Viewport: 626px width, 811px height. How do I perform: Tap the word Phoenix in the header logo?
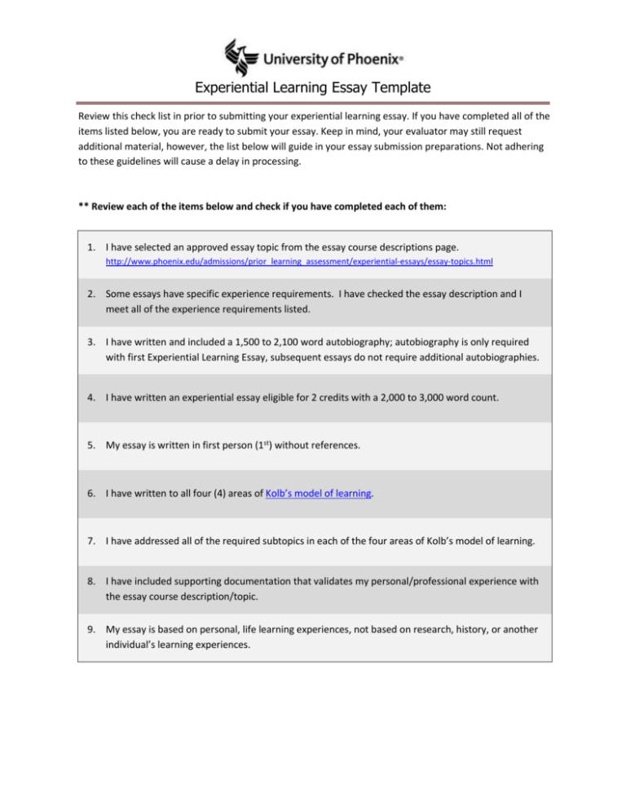click(x=368, y=59)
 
